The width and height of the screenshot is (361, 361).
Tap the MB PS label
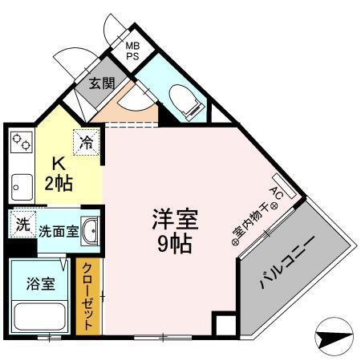(x=132, y=51)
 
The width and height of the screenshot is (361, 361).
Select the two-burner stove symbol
(x=21, y=144)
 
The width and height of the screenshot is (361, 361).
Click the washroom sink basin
(x=91, y=231)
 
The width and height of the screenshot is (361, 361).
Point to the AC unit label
(x=274, y=193)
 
